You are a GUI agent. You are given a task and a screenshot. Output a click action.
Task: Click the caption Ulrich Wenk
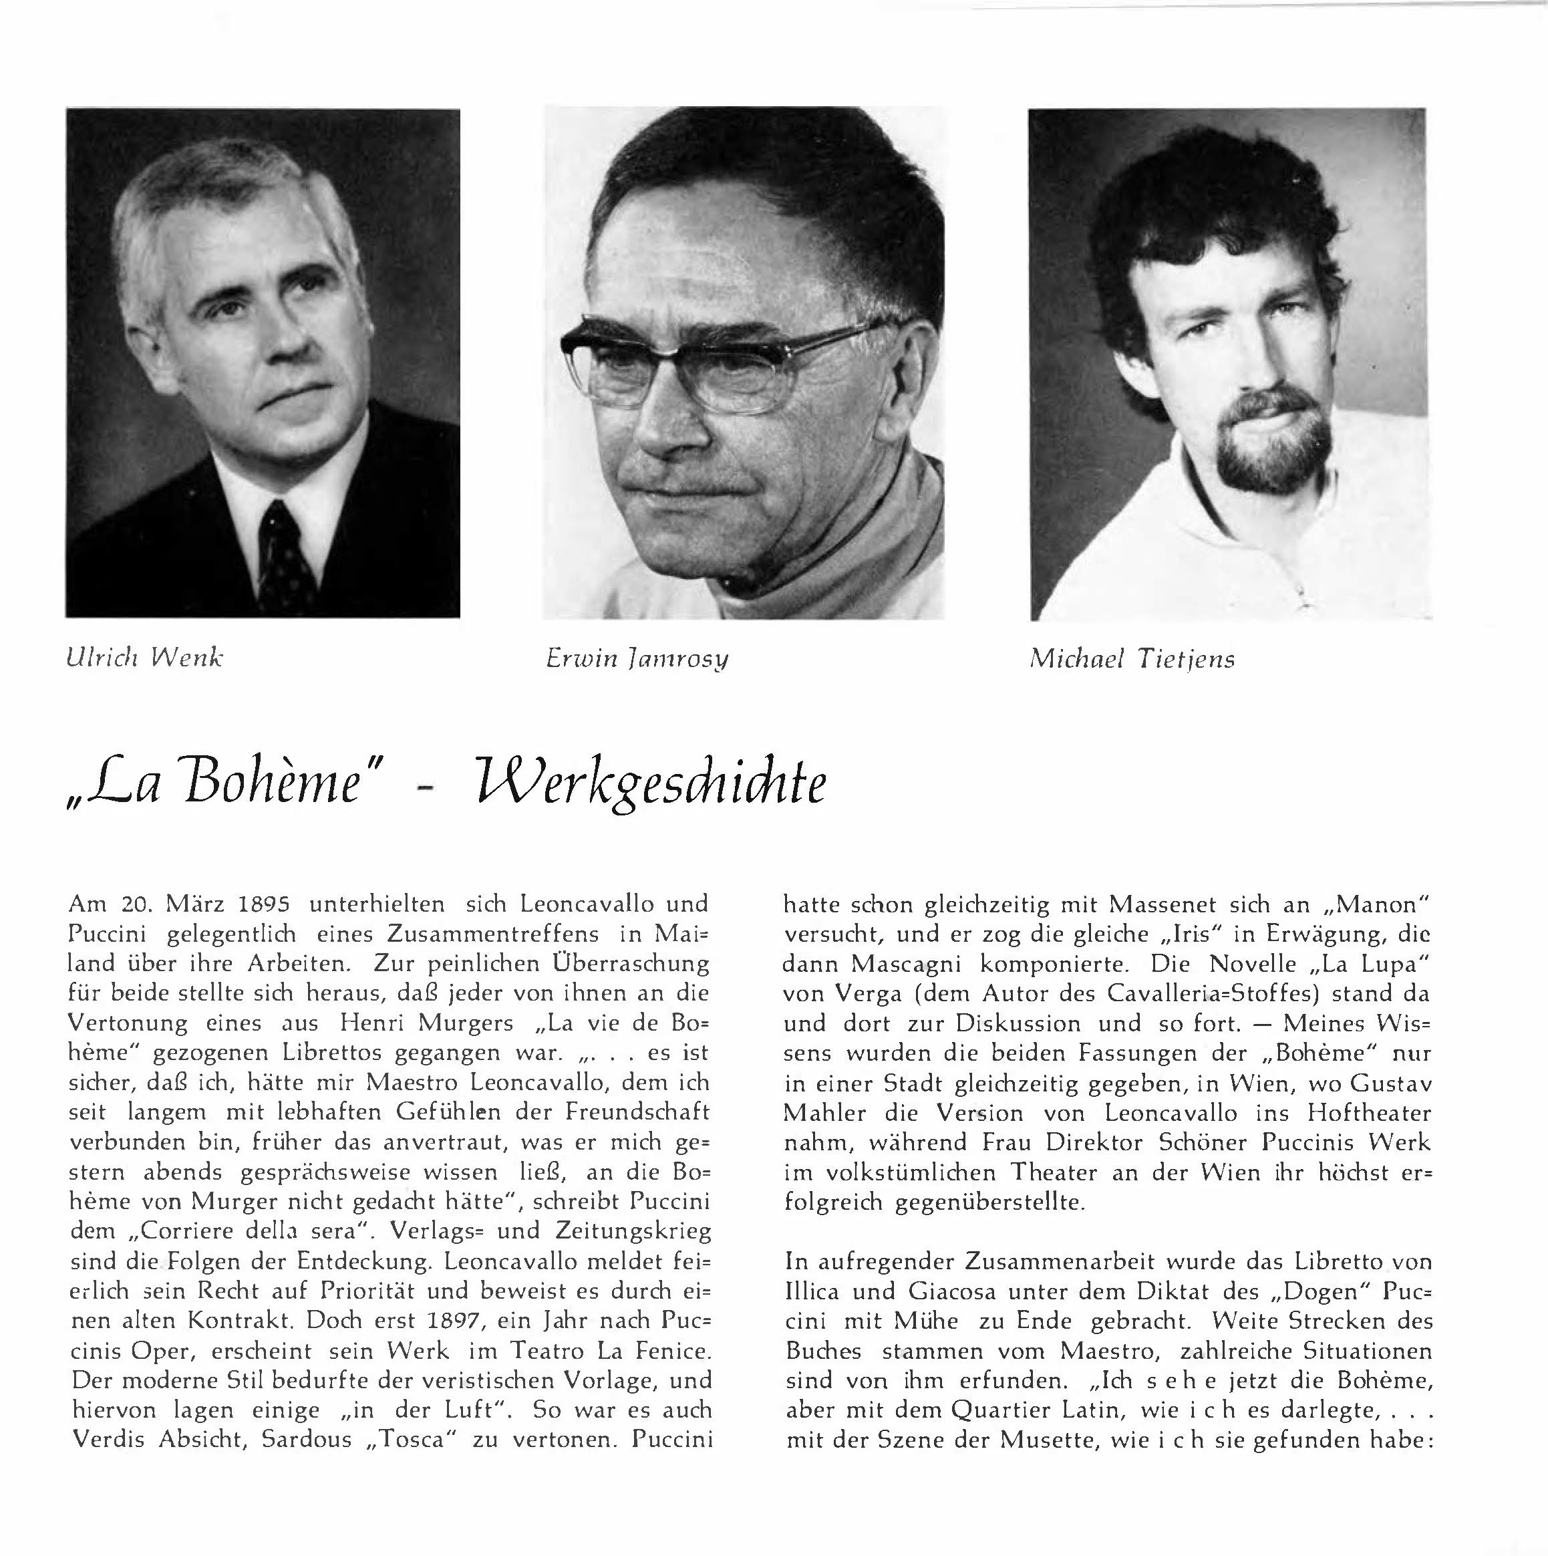(x=145, y=658)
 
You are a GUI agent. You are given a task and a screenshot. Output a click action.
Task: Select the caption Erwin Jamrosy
(x=637, y=659)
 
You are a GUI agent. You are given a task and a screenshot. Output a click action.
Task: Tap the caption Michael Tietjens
(x=1132, y=660)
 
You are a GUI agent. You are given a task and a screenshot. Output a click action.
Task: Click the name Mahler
(x=824, y=1113)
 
